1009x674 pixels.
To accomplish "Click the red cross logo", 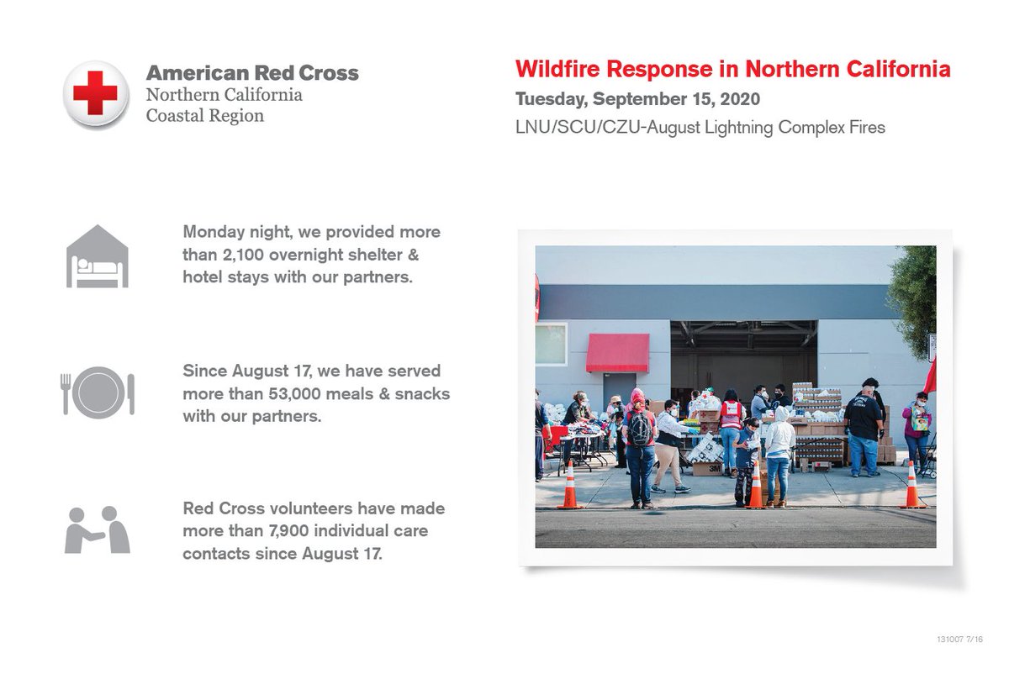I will tap(95, 94).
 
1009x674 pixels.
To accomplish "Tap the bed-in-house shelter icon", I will tap(98, 256).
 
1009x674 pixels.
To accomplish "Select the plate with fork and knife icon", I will tap(98, 392).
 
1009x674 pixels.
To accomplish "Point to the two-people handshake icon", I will tap(98, 529).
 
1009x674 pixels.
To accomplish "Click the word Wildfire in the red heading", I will tap(557, 69).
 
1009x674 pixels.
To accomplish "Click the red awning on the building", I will tap(617, 352).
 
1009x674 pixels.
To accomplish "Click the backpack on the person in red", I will tap(638, 429).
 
